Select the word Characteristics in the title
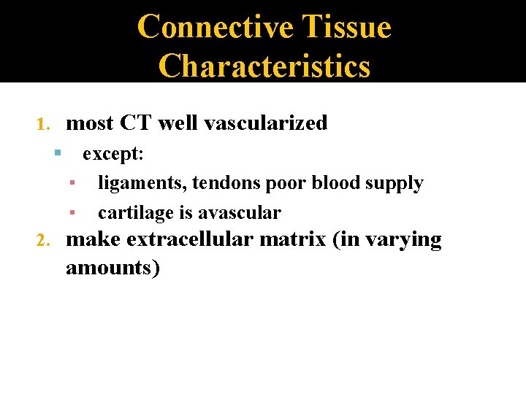tap(264, 66)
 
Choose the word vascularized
tap(266, 123)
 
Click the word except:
tap(113, 154)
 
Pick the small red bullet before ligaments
tap(72, 183)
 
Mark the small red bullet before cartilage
tap(72, 213)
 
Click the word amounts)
tap(113, 268)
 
